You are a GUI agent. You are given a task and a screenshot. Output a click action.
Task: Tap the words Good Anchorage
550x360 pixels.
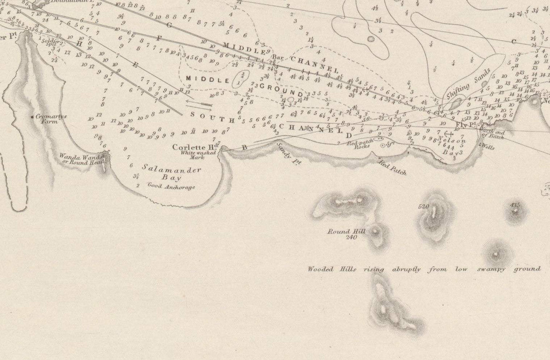pos(170,187)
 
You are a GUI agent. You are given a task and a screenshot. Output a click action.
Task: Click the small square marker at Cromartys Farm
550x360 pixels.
pos(32,117)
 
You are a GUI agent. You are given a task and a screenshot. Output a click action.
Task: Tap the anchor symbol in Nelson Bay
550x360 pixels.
pos(448,134)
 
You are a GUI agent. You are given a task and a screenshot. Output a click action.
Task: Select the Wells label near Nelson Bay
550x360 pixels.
pos(489,147)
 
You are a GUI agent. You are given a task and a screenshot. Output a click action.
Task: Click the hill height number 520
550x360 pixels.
pos(423,207)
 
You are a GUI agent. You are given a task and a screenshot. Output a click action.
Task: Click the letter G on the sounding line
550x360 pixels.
pos(168,25)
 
